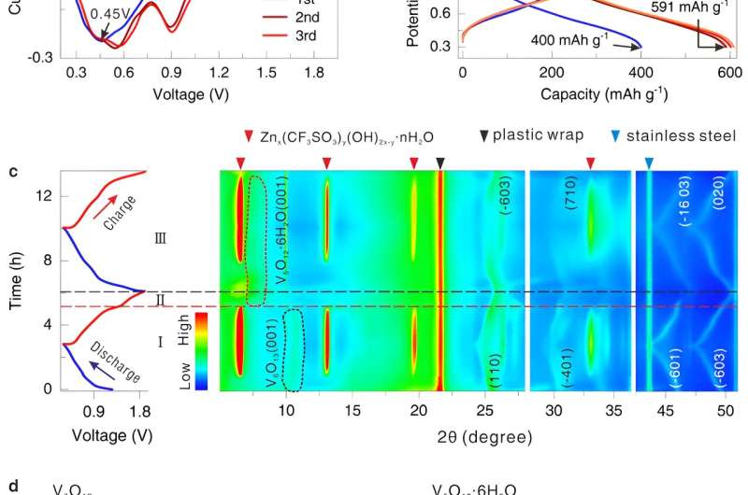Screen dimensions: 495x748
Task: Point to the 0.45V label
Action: pos(82,13)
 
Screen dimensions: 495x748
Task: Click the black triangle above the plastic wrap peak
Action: pos(440,163)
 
